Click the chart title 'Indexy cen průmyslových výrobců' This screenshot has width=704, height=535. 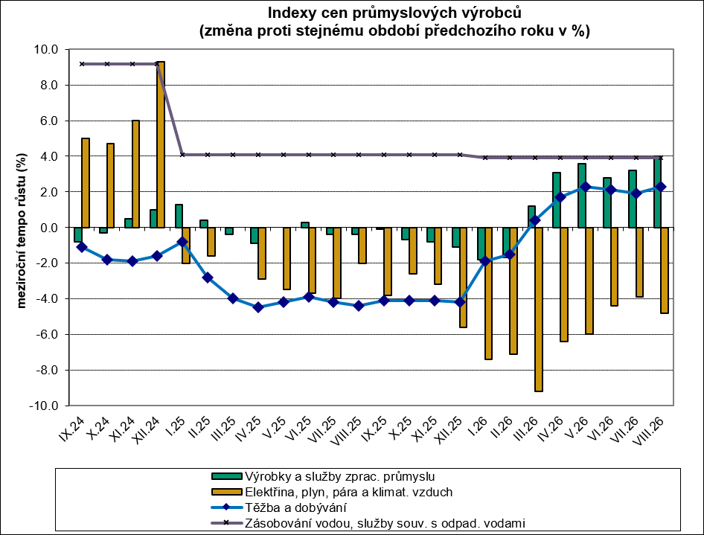point(394,13)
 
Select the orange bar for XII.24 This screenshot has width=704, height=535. point(161,144)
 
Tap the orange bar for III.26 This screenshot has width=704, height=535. point(539,310)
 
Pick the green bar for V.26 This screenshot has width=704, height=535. point(582,195)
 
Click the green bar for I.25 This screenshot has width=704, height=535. point(179,216)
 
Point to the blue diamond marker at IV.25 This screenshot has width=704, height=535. point(258,307)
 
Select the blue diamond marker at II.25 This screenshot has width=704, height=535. point(208,278)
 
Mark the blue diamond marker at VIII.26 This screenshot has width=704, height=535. point(661,187)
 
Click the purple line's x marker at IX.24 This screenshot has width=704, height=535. point(82,64)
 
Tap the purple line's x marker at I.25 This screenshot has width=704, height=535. point(182,154)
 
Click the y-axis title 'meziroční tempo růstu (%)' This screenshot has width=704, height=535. point(22,231)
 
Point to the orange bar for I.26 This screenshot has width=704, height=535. point(488,293)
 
